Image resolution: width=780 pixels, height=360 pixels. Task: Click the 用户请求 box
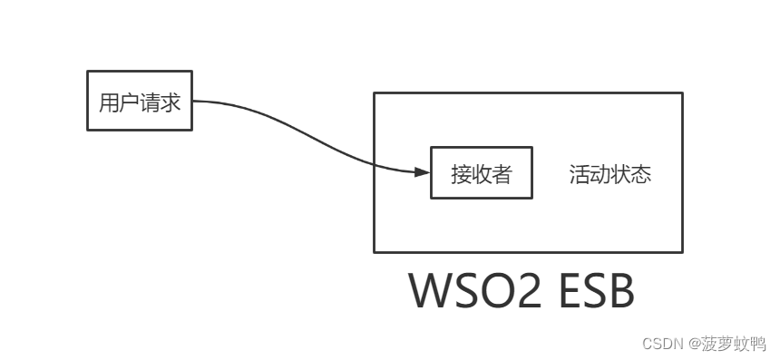tap(140, 100)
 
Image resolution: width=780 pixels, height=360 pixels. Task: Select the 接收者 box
tap(481, 172)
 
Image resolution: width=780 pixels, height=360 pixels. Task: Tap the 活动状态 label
tap(610, 174)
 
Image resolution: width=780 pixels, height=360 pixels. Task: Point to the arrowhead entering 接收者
tap(422, 172)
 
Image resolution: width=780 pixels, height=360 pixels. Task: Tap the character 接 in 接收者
tap(461, 174)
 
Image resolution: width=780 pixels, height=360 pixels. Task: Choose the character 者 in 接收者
tap(502, 174)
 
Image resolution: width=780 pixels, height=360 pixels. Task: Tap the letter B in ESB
tap(619, 291)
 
